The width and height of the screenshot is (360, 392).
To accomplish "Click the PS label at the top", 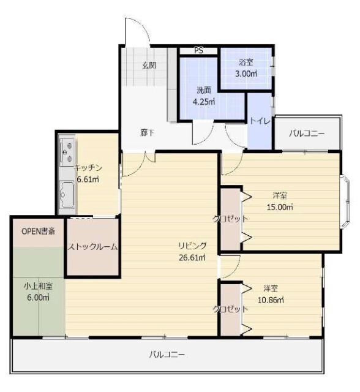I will [x=199, y=51].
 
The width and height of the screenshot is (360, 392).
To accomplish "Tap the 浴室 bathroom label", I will [x=246, y=62].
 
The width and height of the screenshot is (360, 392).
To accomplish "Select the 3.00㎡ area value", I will [x=246, y=74].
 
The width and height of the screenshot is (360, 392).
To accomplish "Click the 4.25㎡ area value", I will [x=204, y=102].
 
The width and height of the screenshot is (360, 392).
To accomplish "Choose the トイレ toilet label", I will [x=259, y=120].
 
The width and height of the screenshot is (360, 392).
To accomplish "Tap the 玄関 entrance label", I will [x=149, y=65].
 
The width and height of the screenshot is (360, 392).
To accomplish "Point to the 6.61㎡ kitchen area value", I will [x=89, y=179].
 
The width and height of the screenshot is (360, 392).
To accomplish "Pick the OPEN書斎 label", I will [x=38, y=232].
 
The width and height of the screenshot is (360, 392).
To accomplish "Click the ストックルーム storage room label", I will [x=93, y=246].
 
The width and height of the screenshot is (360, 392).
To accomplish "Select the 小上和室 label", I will [x=38, y=285].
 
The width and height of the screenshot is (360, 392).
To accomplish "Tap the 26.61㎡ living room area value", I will [x=192, y=257].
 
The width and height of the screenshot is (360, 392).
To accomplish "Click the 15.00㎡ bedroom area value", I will [x=280, y=207].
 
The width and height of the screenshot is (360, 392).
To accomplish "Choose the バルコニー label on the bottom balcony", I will [x=167, y=355].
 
